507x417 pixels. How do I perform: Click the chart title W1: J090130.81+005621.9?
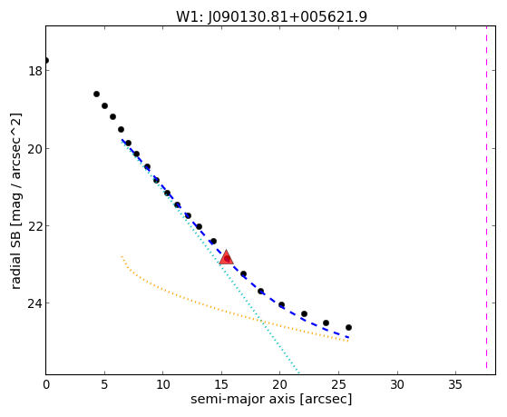271,16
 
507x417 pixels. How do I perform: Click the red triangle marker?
226,257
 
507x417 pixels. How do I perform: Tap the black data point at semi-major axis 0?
46,61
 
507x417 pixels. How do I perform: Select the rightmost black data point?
348,328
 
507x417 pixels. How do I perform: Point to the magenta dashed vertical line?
486,197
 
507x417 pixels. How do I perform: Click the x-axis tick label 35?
456,384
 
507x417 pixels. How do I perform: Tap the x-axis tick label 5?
104,384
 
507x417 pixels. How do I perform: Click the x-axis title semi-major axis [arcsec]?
271,399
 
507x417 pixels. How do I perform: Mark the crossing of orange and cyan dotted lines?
262,322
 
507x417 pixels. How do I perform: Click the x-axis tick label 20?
280,384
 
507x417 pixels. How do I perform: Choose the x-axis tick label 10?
163,384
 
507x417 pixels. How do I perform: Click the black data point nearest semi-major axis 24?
326,323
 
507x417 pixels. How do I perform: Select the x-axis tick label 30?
397,384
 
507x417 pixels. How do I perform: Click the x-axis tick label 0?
46,384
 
